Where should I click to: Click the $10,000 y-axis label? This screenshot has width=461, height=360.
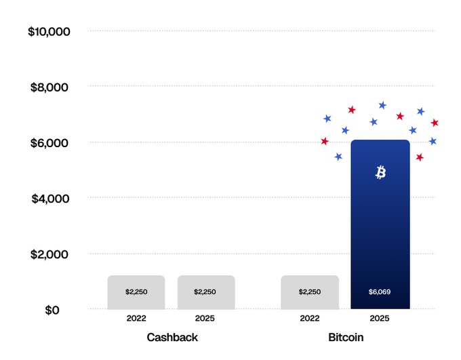coord(49,31)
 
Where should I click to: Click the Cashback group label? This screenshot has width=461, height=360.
coord(172,337)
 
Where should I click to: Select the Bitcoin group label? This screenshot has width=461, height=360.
coord(346,337)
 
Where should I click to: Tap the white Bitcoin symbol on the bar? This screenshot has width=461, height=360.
coord(380,173)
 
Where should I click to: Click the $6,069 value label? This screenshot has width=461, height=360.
coord(380,292)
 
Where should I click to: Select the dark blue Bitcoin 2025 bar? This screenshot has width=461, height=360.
coord(380,231)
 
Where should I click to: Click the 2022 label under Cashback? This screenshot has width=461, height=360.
coord(136,317)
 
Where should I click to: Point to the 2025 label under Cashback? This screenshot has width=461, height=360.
coord(205,317)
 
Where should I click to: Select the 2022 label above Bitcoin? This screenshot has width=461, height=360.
coord(310,317)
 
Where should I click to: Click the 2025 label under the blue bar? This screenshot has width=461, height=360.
coord(380,317)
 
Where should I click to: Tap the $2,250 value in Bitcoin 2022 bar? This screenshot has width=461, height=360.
coord(310,292)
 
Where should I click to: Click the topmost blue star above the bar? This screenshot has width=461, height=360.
coord(382,105)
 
